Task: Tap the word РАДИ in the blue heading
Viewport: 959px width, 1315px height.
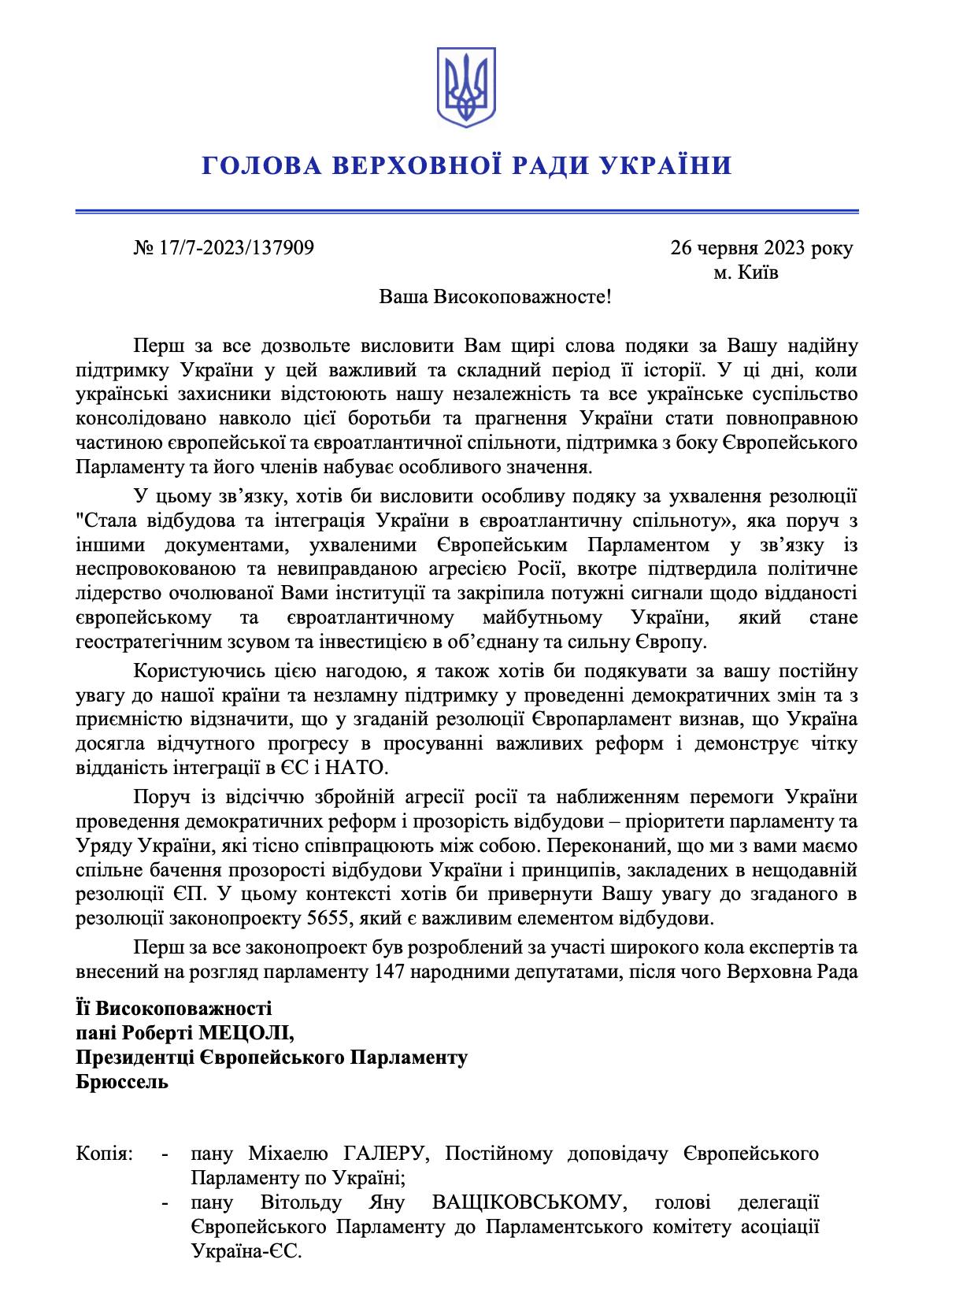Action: coord(541,166)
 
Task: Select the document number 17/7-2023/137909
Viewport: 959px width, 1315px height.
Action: coord(236,249)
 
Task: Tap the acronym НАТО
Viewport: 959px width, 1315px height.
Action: coord(351,766)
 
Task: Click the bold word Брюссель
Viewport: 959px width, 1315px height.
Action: coord(122,1081)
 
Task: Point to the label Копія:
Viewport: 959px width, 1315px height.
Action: coord(105,1154)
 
